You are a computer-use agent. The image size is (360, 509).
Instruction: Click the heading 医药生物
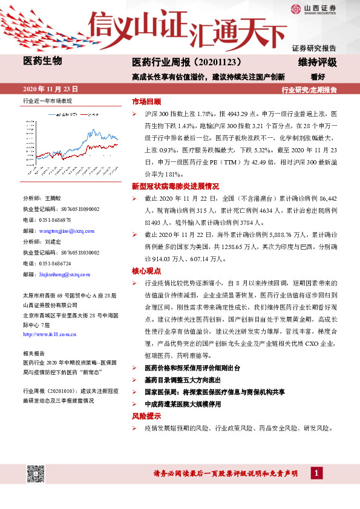(42, 60)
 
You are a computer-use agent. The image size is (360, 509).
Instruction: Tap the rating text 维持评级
(317, 62)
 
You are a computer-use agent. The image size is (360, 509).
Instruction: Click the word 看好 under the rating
(318, 77)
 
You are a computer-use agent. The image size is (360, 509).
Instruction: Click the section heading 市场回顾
(146, 101)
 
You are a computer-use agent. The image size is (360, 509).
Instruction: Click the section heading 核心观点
(146, 271)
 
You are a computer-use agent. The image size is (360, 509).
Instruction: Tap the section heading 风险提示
(146, 417)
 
